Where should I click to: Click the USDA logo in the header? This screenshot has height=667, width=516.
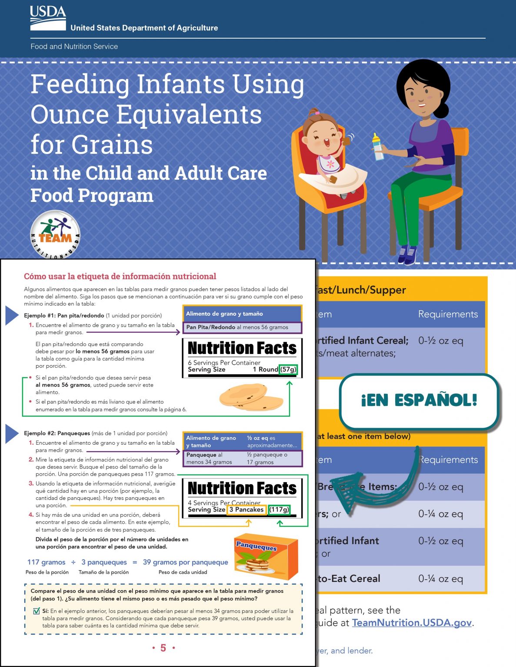(48, 18)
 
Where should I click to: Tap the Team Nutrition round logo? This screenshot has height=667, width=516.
(55, 235)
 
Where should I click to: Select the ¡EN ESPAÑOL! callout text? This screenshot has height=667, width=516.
(419, 400)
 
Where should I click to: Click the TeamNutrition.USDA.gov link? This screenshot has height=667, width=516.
(412, 622)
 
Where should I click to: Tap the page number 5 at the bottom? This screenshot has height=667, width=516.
(163, 648)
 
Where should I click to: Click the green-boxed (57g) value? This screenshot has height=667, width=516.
(288, 370)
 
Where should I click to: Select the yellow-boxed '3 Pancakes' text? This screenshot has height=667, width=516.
(246, 509)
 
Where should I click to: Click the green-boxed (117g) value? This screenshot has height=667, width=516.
(279, 509)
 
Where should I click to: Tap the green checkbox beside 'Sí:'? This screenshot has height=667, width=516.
(37, 611)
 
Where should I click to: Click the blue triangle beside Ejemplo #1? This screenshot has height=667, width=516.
(11, 315)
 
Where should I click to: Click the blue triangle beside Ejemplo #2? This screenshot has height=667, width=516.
(11, 433)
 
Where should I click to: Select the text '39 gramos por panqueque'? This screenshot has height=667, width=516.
(185, 562)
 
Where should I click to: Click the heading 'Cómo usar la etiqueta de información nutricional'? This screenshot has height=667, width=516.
(120, 276)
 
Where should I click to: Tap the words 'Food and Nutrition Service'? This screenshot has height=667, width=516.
(74, 46)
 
